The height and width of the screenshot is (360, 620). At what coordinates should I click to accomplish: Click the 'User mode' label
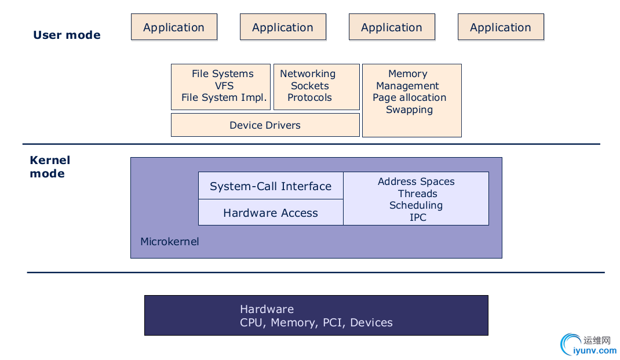point(67,35)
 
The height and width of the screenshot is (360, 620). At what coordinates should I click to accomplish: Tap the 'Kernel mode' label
point(50,167)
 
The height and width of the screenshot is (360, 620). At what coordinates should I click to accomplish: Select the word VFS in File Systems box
point(224,86)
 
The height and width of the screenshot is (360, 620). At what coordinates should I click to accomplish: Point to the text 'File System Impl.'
point(224,97)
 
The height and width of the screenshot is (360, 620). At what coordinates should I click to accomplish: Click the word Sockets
point(310,86)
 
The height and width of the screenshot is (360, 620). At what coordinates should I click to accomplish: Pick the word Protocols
point(309,97)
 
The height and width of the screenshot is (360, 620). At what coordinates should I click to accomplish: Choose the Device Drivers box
point(265,125)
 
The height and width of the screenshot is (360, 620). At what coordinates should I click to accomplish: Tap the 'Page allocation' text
point(409,97)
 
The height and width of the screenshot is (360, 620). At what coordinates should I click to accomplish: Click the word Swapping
point(409,110)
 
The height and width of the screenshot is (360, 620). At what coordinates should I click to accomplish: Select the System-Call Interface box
point(271,186)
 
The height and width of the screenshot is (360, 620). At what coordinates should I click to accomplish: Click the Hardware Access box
point(271,213)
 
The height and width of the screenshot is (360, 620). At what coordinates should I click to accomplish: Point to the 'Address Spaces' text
point(416,181)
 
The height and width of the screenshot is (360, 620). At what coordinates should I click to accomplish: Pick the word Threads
point(417,194)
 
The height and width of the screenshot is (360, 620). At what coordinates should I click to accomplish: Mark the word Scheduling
point(416,205)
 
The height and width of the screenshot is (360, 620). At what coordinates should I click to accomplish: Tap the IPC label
point(418,217)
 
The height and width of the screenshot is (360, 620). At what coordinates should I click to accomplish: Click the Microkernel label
point(169,241)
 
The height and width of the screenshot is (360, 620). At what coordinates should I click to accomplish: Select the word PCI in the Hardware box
point(332,323)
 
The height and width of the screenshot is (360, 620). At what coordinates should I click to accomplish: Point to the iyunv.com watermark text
point(595,350)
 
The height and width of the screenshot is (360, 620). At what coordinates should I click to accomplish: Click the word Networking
point(308,74)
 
